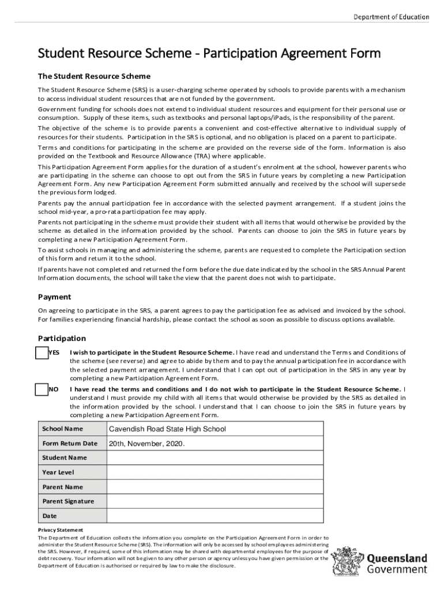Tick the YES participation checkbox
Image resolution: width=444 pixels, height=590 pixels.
pos(42,353)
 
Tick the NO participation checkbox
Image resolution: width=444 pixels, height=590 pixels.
pos(42,390)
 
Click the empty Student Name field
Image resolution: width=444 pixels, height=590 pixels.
pos(215,457)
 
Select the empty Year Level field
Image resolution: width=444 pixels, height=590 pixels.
pos(215,472)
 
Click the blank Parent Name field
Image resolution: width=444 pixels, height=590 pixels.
pos(215,487)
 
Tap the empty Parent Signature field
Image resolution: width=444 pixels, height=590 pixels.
pos(215,501)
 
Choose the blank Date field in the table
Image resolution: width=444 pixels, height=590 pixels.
pos(215,516)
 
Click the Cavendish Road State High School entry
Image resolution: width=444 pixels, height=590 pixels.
pos(167,429)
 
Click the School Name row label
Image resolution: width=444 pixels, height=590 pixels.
pos(62,429)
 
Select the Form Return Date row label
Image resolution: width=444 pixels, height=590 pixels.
pos(70,444)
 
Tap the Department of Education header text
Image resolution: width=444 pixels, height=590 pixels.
pos(391,17)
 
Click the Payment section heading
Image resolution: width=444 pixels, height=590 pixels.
pos(54,297)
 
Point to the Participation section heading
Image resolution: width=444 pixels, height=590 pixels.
pos(62,338)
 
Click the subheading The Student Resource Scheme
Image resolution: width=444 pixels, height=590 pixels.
pos(94,76)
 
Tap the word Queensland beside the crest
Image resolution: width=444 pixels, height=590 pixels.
pos(397,558)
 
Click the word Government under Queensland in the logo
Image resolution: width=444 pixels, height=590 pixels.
pos(397,569)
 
